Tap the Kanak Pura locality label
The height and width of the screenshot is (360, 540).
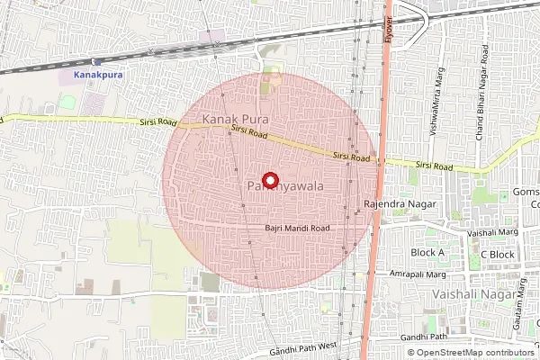pos(237,119)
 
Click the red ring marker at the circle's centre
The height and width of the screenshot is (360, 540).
pos(269,179)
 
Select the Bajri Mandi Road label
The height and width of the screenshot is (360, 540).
pos(298,228)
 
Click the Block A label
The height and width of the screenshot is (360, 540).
pos(427,253)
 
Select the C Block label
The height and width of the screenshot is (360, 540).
pos(497,255)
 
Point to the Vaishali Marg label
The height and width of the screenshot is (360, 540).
pos(493,232)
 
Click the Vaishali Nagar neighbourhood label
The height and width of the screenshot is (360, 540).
pos(473,294)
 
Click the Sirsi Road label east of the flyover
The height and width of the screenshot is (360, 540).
pos(434,166)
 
